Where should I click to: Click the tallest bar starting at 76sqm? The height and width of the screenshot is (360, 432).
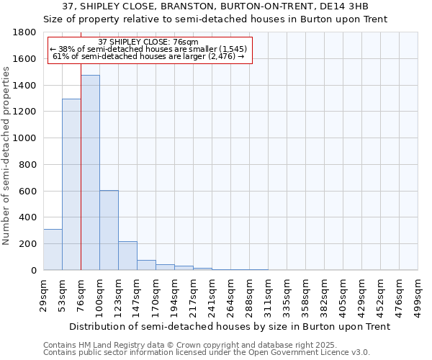90,173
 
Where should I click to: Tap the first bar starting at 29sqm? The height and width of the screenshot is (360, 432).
53,249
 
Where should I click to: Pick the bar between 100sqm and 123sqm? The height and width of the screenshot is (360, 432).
109,230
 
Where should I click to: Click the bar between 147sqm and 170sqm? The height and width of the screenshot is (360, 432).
146,265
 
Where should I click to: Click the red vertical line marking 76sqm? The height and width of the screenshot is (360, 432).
81,180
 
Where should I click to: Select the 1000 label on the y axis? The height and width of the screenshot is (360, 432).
25,138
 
